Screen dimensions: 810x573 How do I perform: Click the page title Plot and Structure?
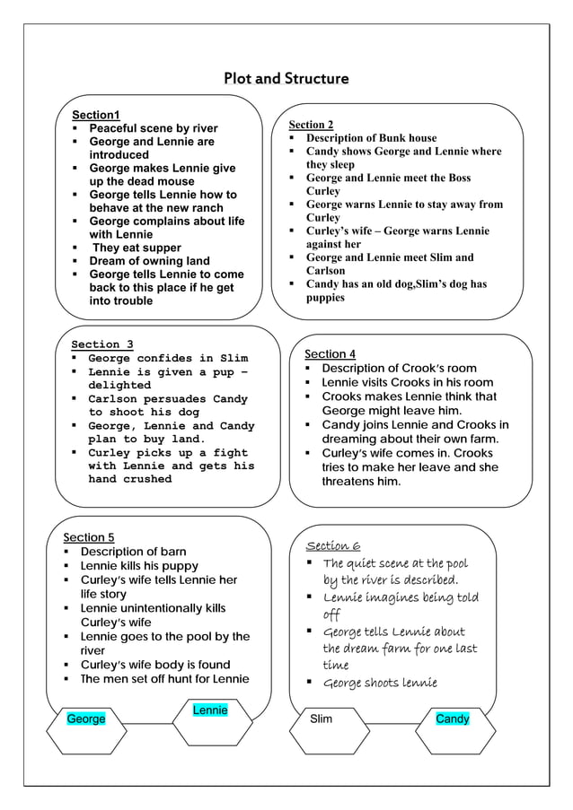286,79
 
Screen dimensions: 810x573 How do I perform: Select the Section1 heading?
96,115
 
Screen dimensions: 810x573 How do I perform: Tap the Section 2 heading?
311,125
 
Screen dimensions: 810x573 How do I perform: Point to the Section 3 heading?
102,344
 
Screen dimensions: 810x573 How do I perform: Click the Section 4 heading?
330,354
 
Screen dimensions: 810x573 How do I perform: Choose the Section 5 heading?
89,537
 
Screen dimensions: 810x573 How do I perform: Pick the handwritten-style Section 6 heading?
333,545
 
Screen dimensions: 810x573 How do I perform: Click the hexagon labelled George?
86,719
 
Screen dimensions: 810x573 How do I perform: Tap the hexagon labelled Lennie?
210,710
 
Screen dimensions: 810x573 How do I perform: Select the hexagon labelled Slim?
321,719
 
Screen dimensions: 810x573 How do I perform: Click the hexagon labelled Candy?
452,719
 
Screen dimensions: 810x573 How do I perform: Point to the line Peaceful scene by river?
154,128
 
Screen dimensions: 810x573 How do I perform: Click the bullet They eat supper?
137,248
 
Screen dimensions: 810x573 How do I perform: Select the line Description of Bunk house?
371,138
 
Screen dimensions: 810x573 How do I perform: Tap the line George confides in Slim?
168,359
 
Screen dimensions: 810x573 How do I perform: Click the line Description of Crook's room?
400,369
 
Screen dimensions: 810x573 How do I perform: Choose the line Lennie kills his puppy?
139,566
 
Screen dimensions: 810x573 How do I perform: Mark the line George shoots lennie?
380,684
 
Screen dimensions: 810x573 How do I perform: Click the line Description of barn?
133,552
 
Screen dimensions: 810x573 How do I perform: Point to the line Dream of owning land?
149,261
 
